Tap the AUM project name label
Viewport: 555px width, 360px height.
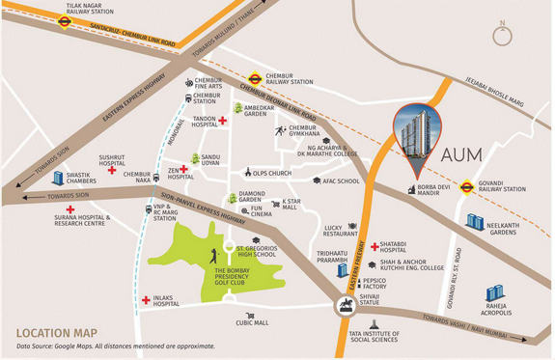(469, 154)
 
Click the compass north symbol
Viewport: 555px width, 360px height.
(501, 37)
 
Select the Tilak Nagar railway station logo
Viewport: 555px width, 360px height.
(65, 25)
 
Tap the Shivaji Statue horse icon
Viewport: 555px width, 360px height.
(344, 306)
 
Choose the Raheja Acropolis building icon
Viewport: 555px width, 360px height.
(494, 291)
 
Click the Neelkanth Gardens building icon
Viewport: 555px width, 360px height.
(474, 221)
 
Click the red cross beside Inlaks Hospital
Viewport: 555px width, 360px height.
(146, 300)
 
